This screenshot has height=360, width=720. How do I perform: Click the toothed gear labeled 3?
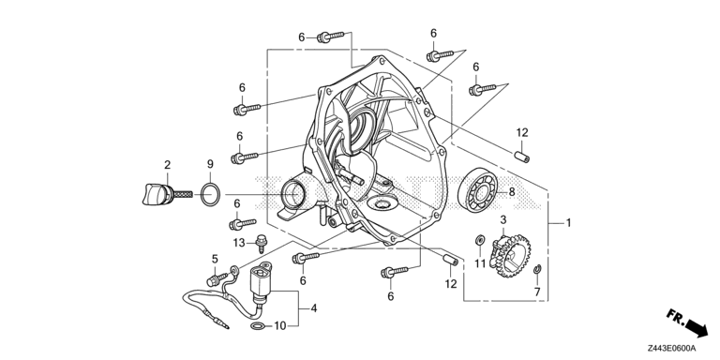[510, 254]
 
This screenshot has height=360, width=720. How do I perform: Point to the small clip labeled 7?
[537, 270]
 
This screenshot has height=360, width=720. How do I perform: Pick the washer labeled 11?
[481, 239]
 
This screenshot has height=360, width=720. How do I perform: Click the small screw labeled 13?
[262, 243]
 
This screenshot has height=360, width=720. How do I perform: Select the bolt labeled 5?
[217, 278]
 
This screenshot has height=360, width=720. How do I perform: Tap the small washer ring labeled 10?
[258, 326]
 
